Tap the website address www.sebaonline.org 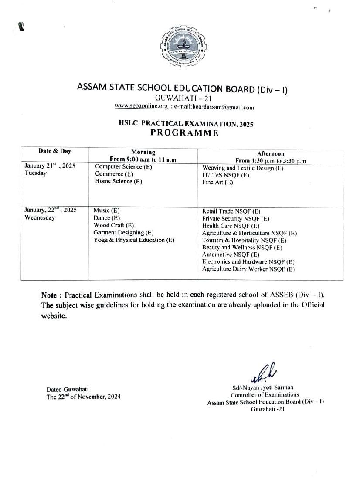tap(141, 106)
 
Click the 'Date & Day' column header tap(54, 151)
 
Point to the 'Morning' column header tap(143, 152)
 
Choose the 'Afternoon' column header tap(270, 153)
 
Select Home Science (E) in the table tap(118, 181)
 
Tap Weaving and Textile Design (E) tap(243, 168)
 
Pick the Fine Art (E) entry tap(217, 183)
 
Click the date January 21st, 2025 tap(50, 166)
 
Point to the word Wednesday tap(40, 218)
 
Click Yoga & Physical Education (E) tap(134, 240)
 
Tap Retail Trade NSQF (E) tap(231, 211)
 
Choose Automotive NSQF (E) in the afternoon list tap(231, 255)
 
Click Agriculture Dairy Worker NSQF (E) tap(248, 269)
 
